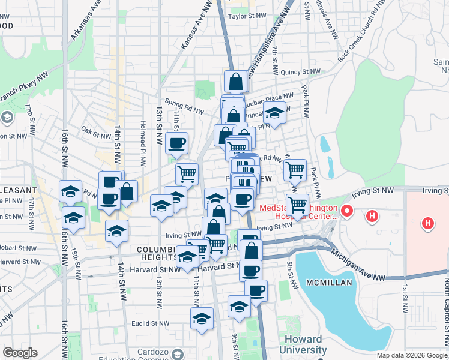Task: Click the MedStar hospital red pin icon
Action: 346,211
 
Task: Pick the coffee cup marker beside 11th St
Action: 176,143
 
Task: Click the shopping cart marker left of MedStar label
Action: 297,205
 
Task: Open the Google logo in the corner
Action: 20,353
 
